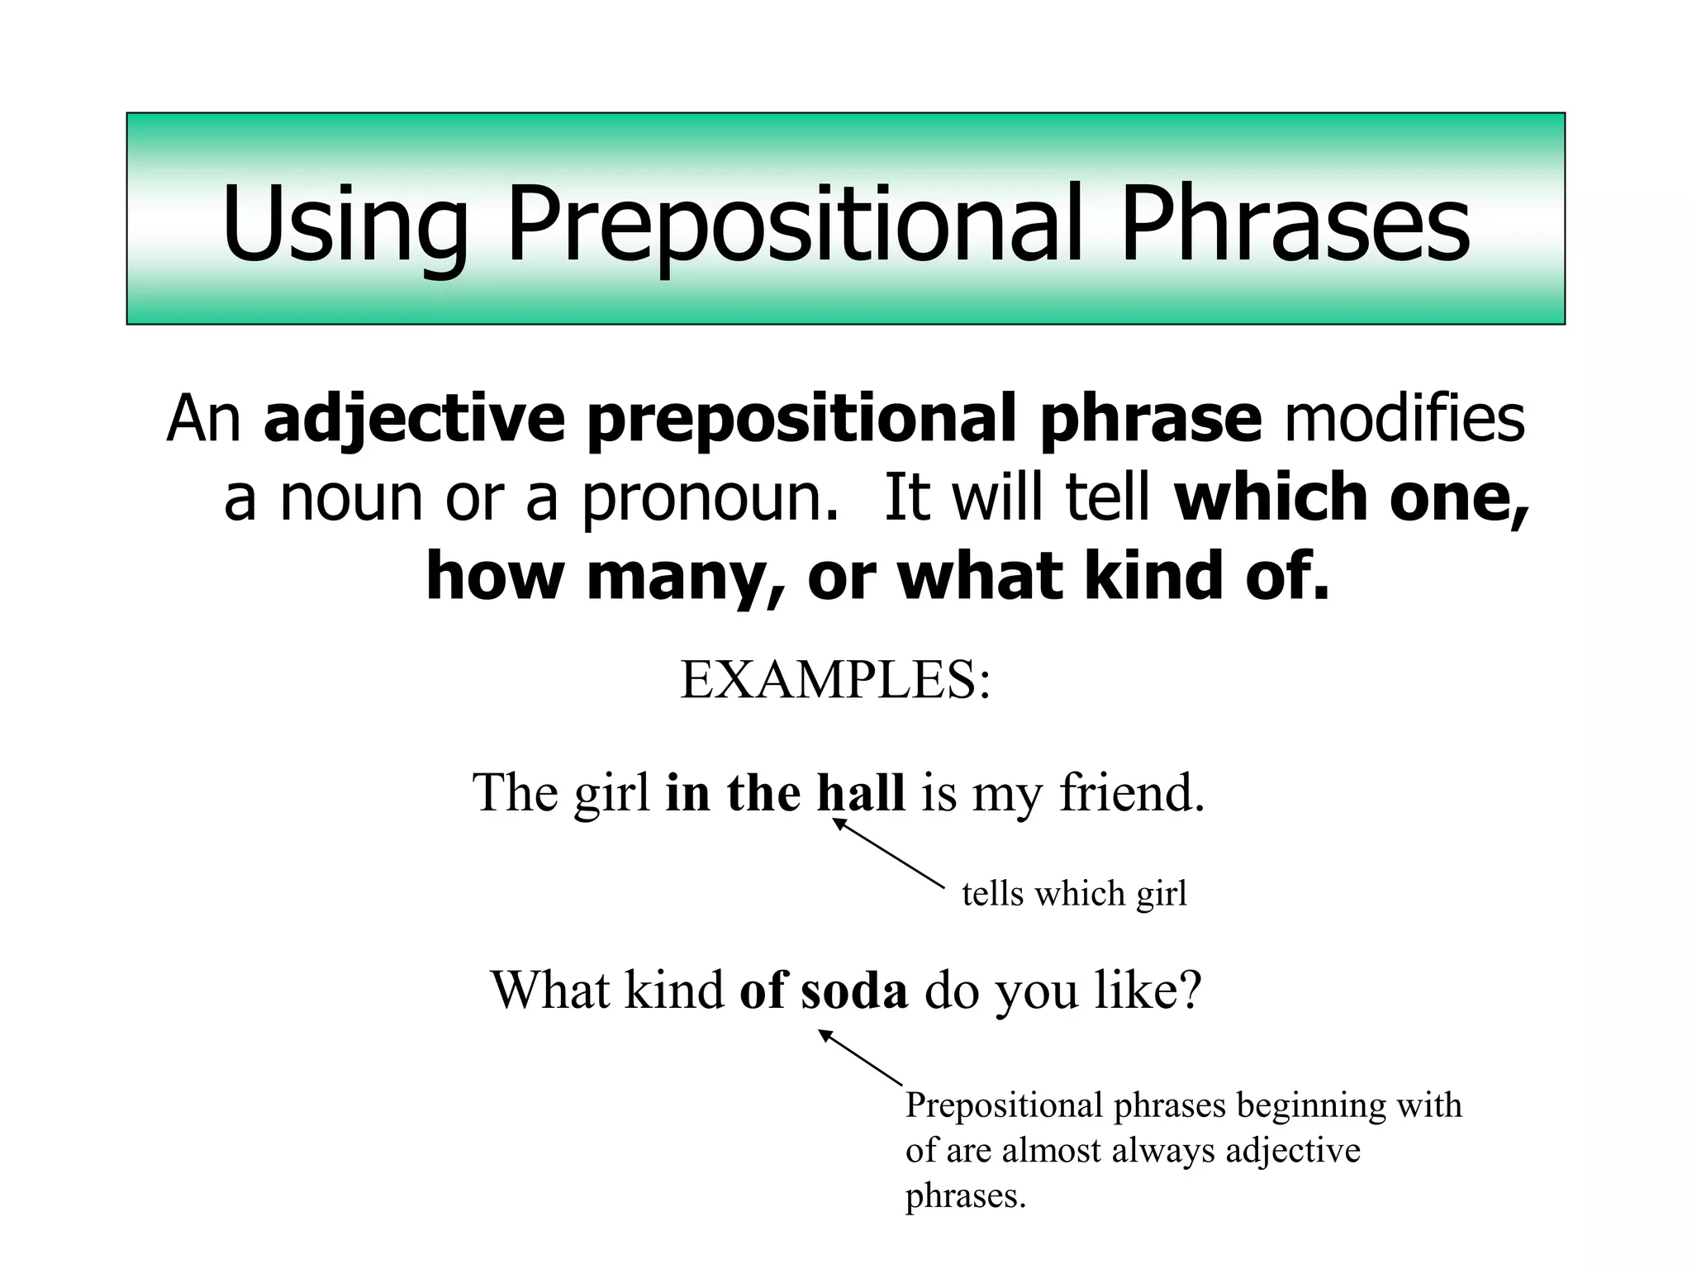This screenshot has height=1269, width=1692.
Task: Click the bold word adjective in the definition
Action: coord(414,420)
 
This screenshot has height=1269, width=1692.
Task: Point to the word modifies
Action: coord(1404,420)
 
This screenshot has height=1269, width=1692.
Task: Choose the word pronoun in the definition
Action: coord(703,498)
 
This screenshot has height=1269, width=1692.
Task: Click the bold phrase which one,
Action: coord(1352,498)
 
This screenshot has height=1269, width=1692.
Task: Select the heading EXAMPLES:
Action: coord(835,681)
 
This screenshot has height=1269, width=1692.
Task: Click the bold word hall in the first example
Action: coord(861,793)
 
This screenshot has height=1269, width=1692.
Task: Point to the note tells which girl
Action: coord(1074,894)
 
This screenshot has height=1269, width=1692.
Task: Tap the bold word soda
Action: coord(854,990)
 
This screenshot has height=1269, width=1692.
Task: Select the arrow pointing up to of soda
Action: coord(861,1057)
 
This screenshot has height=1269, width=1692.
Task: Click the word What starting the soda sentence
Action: coord(549,990)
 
